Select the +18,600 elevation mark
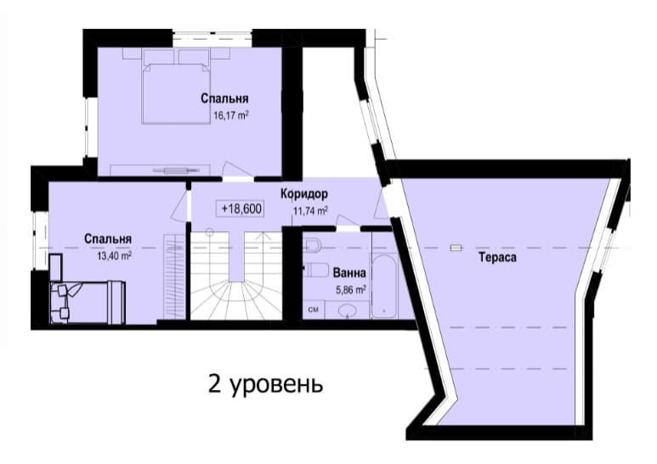241,208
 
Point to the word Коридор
304,195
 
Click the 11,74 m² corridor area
310,211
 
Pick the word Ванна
349,273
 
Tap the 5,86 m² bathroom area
351,290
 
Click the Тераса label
498,257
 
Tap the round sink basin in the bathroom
348,310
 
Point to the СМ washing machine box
314,310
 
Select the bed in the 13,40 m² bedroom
88,302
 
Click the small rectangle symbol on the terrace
456,248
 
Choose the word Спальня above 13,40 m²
108,239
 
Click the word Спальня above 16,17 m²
224,99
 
